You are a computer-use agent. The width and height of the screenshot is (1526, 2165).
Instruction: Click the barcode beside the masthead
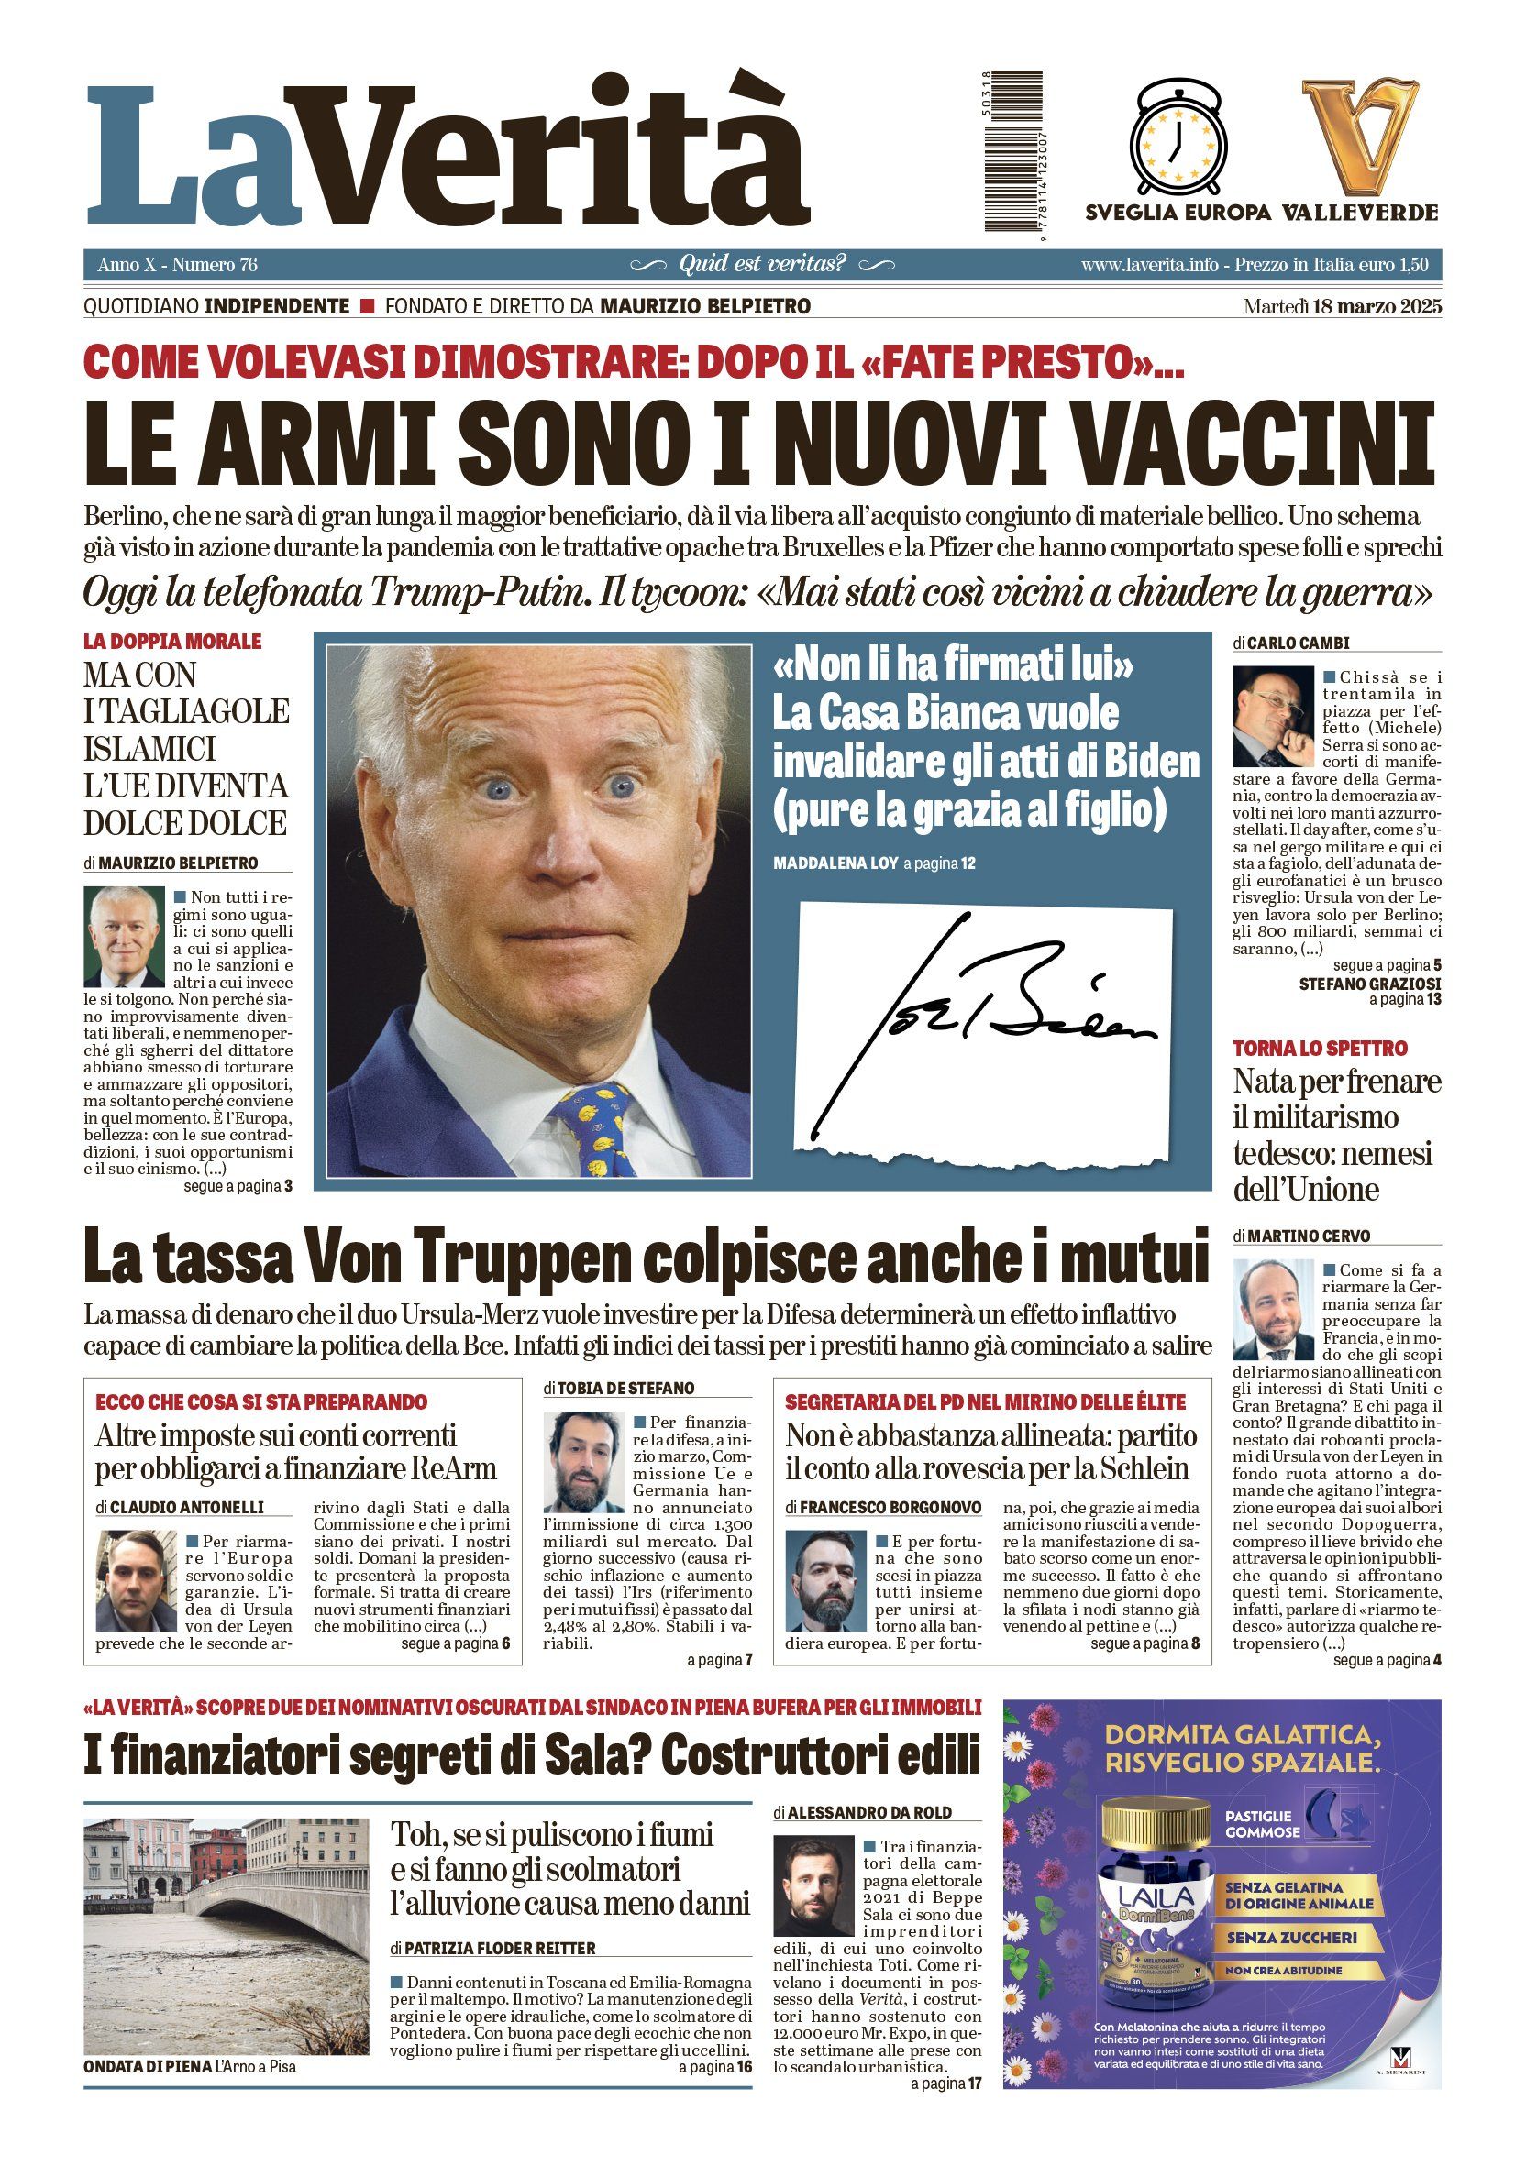pyautogui.click(x=1013, y=150)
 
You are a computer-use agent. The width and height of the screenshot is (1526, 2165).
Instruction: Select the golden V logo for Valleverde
pyautogui.click(x=1359, y=137)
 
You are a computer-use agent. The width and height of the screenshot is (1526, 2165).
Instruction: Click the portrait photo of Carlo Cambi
pyautogui.click(x=1272, y=717)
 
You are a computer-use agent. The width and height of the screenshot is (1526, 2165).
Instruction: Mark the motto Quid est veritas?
pyautogui.click(x=762, y=264)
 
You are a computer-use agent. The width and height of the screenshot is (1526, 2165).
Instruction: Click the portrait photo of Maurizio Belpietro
pyautogui.click(x=125, y=937)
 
